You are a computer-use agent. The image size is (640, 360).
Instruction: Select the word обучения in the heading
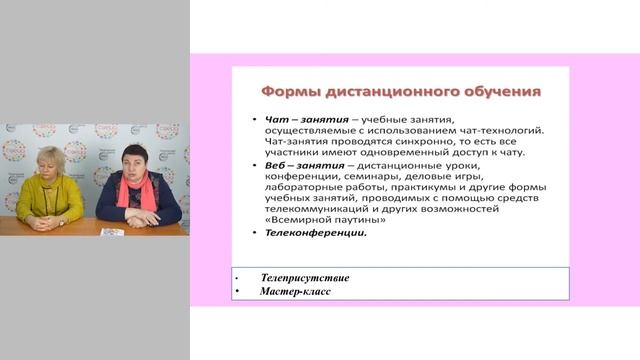click(499, 91)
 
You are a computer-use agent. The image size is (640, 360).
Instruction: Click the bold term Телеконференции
click(316, 233)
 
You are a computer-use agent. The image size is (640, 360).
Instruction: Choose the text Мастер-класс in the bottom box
click(297, 292)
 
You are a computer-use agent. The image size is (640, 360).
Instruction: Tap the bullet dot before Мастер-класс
click(235, 292)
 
